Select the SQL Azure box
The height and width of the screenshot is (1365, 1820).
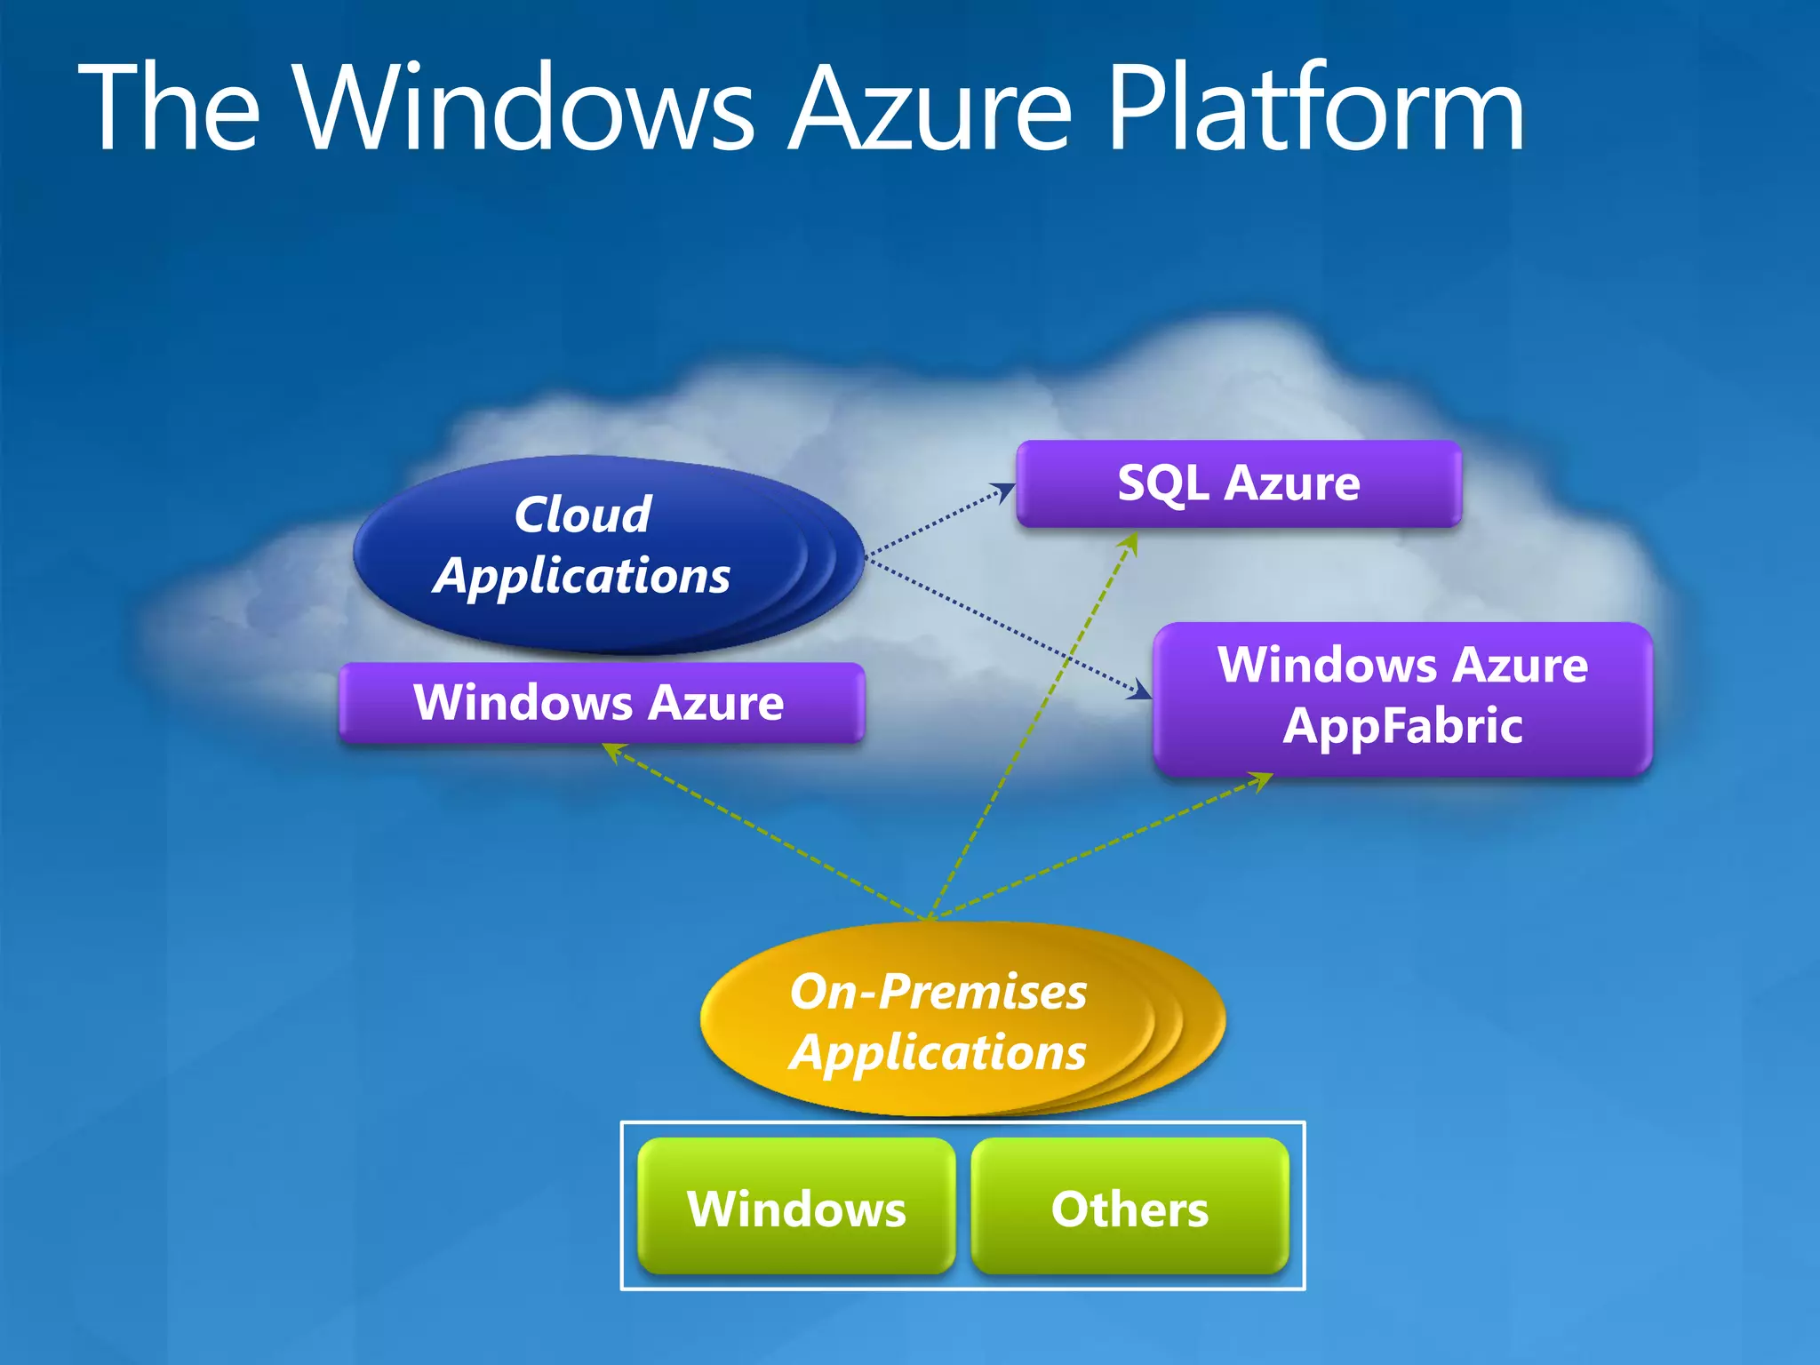pyautogui.click(x=1238, y=484)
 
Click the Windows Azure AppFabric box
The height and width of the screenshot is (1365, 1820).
pyautogui.click(x=1402, y=698)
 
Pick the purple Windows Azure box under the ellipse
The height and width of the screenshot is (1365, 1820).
pyautogui.click(x=601, y=703)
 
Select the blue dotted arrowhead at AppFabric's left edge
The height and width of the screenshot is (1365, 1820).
pyautogui.click(x=1140, y=690)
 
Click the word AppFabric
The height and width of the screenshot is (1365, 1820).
pyautogui.click(x=1402, y=726)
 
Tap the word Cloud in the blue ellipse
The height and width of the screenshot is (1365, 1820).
pyautogui.click(x=583, y=515)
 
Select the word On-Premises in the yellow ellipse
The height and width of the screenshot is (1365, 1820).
pyautogui.click(x=938, y=991)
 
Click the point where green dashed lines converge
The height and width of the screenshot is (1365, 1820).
pyautogui.click(x=929, y=918)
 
